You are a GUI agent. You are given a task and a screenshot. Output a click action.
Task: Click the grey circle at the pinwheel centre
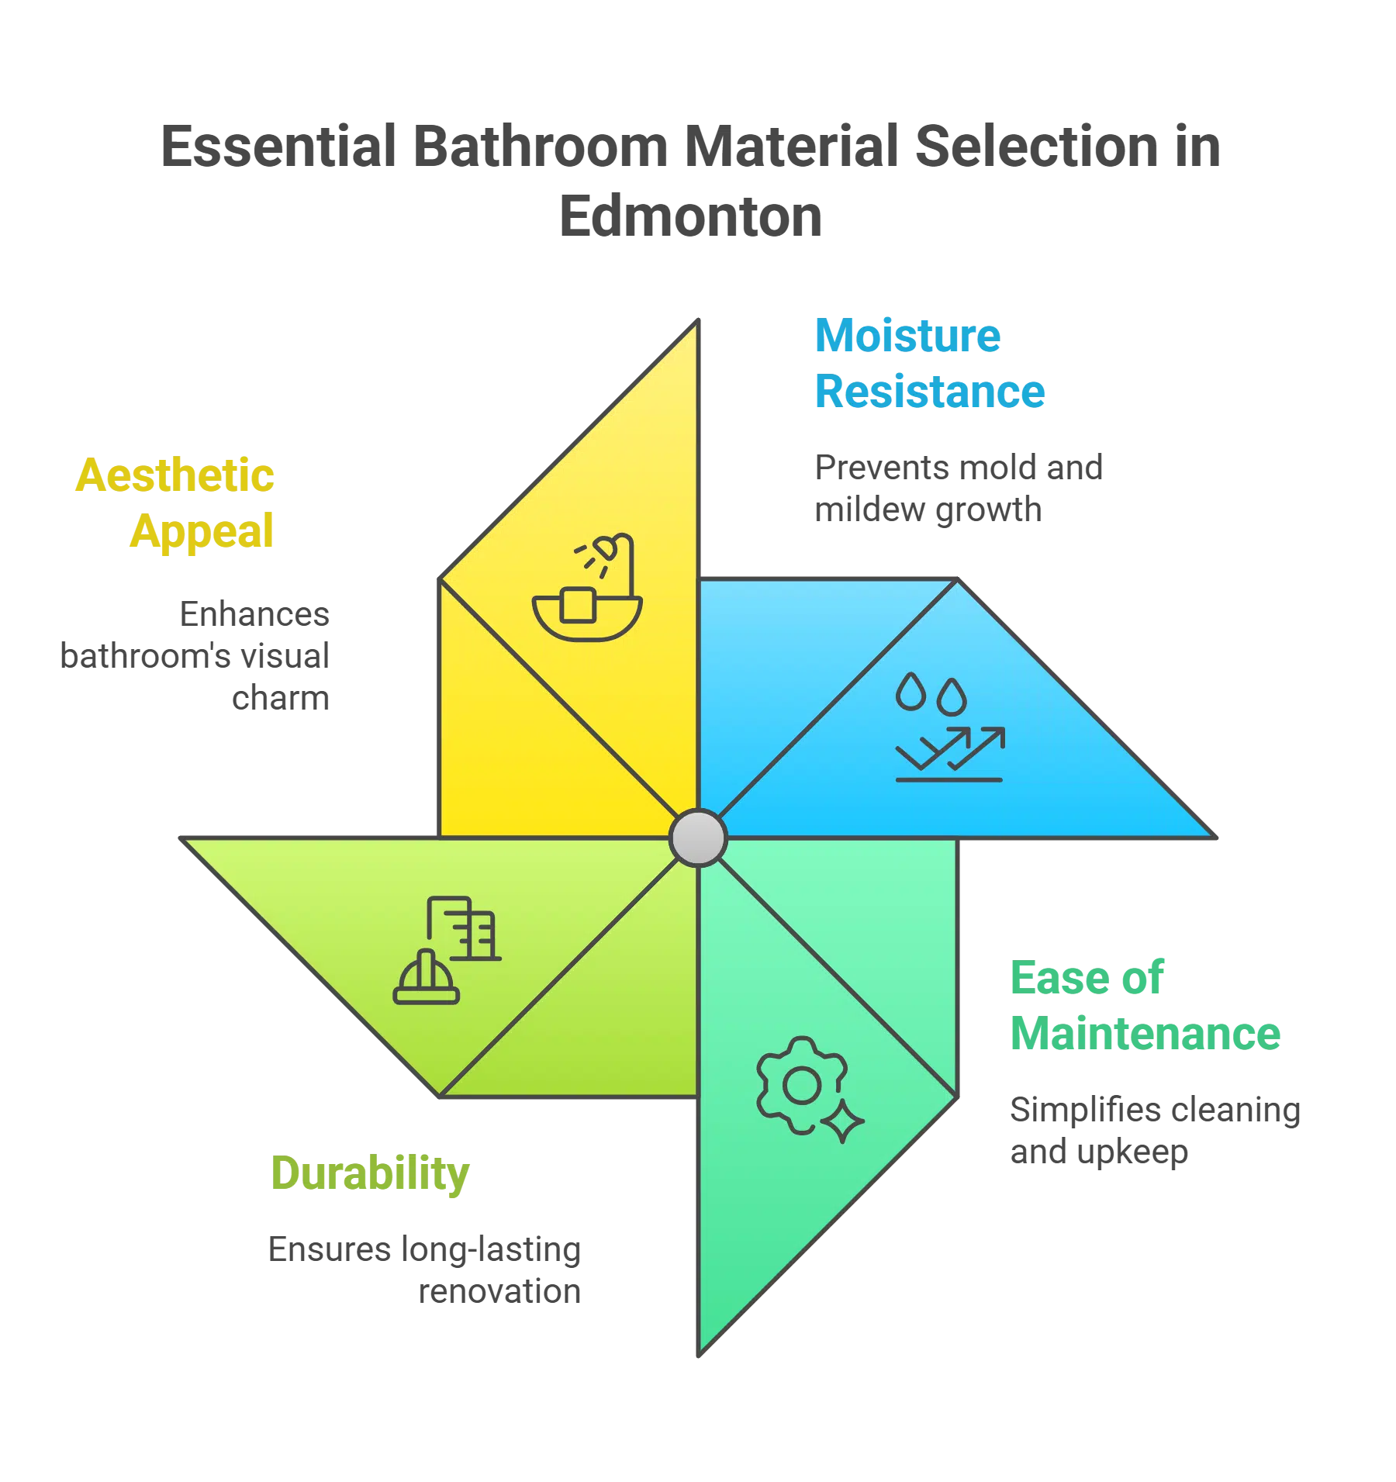click(x=698, y=838)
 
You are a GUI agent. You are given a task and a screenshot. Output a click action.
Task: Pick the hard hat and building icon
click(x=447, y=950)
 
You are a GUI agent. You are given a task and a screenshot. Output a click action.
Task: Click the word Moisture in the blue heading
click(x=907, y=336)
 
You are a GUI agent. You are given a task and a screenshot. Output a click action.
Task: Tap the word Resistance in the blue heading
click(x=930, y=391)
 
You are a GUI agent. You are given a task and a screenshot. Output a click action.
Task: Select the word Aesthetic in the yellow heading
click(x=176, y=475)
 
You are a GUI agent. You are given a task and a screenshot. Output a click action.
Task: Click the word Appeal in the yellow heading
click(x=202, y=531)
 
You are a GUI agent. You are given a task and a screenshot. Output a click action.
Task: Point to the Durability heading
click(x=371, y=1173)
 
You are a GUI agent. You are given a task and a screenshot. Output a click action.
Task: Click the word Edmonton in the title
click(x=690, y=215)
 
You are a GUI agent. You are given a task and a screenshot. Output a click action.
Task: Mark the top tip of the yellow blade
click(x=696, y=324)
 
